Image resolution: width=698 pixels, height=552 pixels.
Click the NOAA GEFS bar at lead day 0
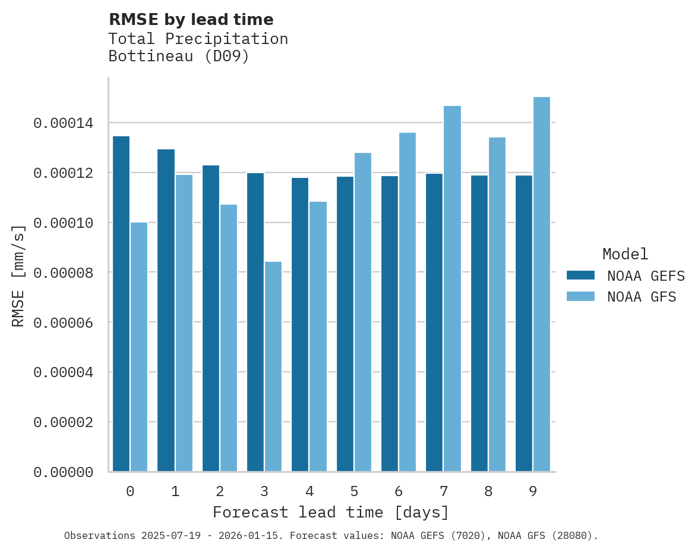pos(121,304)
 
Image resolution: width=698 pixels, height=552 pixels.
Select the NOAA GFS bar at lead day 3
pos(273,366)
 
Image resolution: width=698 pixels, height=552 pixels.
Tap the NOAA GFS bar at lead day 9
pos(542,284)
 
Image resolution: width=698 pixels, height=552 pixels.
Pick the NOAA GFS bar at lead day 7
pos(452,288)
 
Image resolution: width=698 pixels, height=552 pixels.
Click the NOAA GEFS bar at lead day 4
pos(300,325)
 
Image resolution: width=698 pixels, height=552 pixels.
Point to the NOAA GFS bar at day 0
pos(139,347)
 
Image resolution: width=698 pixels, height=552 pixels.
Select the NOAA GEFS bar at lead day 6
pos(390,324)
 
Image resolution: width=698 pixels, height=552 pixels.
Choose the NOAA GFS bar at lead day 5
pos(363,312)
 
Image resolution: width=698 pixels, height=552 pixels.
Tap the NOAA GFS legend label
pos(642,297)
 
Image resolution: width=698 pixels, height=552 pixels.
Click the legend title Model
pos(625,254)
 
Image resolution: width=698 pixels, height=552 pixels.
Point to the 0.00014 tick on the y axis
pos(64,123)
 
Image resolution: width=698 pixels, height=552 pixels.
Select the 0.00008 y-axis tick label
pos(64,272)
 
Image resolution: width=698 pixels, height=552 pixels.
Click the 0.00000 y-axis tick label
pos(64,472)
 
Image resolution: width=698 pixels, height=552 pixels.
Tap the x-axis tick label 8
pos(488,491)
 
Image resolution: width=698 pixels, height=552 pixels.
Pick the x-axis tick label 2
pos(220,491)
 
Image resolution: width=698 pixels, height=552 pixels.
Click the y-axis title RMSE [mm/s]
pos(18,275)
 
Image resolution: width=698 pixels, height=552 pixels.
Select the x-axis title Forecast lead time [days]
pos(331,512)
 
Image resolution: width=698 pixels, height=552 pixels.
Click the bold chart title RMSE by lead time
pos(191,20)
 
